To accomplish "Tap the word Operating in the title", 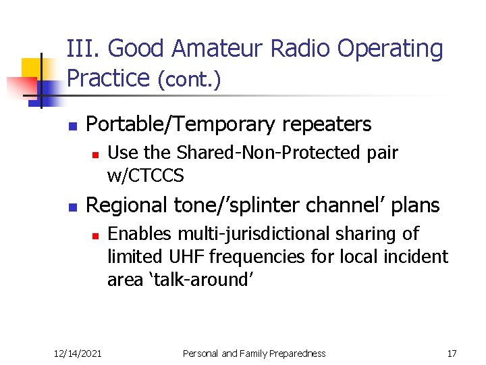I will (390, 49).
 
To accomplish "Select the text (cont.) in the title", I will (189, 80).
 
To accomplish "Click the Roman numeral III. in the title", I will (84, 49).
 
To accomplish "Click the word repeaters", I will (325, 124).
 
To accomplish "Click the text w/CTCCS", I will (145, 176).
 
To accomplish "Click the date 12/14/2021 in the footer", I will (78, 354).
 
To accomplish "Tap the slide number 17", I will (452, 354).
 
